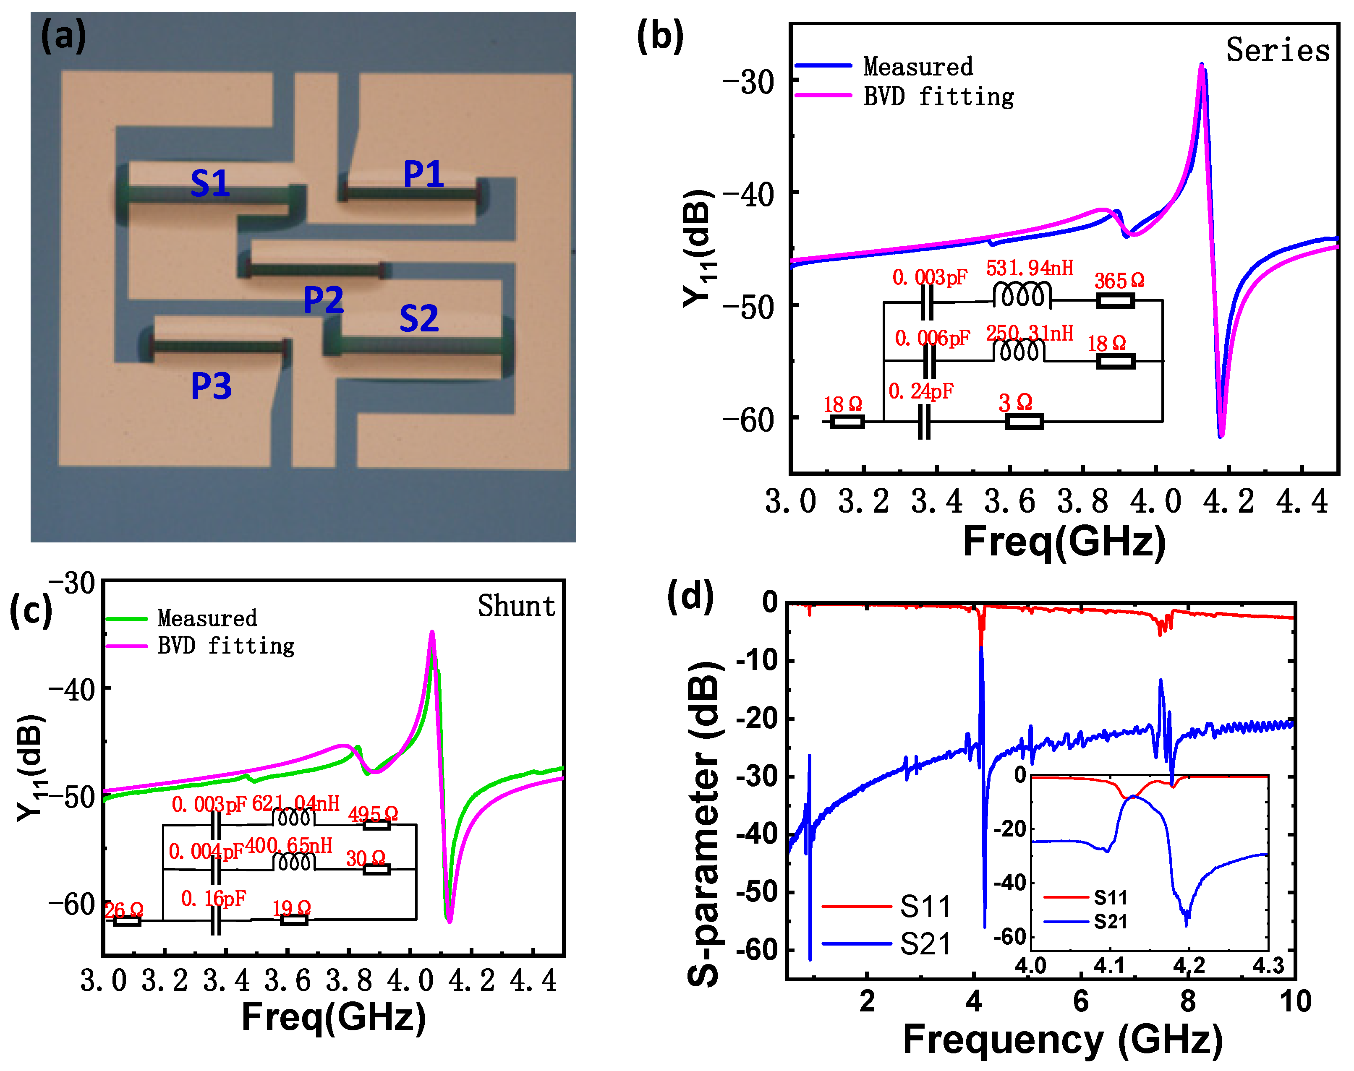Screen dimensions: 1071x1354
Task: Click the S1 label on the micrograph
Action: click(x=210, y=184)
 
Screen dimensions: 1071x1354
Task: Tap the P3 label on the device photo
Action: click(x=212, y=386)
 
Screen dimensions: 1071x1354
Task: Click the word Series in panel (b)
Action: click(x=1278, y=50)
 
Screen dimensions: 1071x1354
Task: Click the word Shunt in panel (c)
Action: click(x=516, y=606)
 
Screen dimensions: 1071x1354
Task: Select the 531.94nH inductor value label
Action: click(x=1030, y=268)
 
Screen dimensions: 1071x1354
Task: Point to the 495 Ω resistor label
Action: click(x=373, y=814)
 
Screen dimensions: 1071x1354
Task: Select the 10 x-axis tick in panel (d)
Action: click(x=1295, y=1001)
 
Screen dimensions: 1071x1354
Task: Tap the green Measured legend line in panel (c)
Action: click(x=127, y=619)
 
